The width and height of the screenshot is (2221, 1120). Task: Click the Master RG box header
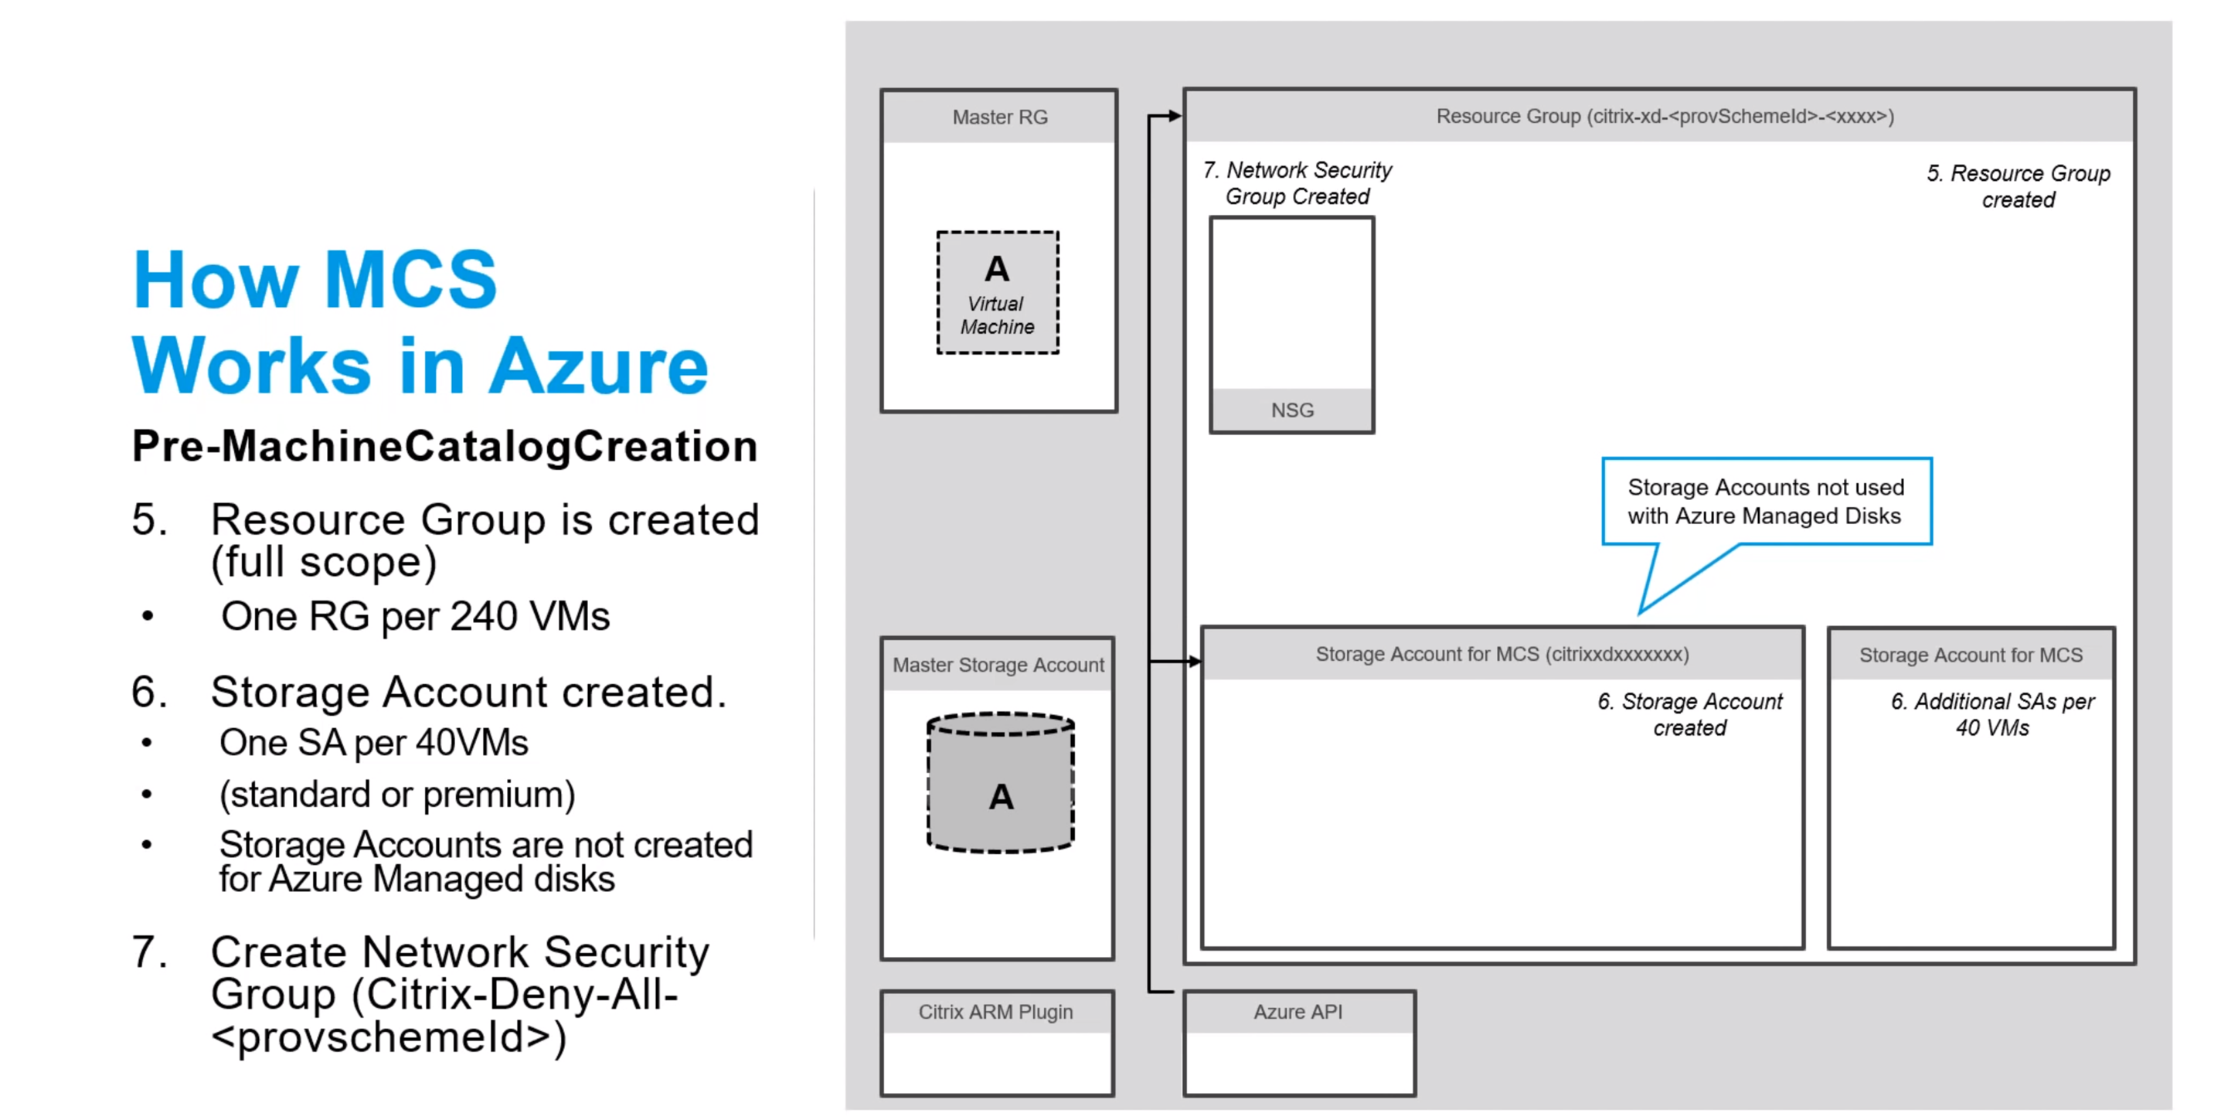[x=999, y=117]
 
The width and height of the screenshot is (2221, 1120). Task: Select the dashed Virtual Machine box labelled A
[x=998, y=292]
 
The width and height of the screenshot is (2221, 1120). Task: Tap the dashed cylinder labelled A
[x=1000, y=784]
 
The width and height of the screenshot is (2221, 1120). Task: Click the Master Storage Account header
[x=998, y=665]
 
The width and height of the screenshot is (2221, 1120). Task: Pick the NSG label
[x=1291, y=410]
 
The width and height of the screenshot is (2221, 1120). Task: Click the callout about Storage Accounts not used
[x=1765, y=501]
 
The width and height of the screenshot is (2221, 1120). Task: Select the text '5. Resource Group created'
[x=2018, y=186]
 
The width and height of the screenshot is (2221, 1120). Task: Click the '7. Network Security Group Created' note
[x=1298, y=182]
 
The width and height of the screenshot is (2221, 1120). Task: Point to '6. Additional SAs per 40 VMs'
[x=1991, y=714]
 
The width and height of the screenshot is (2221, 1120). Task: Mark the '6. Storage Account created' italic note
[x=1689, y=714]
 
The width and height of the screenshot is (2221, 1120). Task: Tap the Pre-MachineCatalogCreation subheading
[x=445, y=446]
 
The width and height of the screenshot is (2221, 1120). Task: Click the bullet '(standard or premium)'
[x=396, y=794]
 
